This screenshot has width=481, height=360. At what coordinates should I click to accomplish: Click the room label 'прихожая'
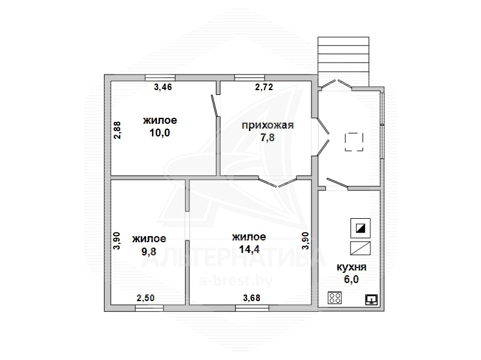(268, 126)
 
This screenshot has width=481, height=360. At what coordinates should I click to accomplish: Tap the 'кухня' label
(352, 267)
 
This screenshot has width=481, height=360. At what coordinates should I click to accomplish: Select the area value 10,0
(160, 133)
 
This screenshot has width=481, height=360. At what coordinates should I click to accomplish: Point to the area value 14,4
(249, 249)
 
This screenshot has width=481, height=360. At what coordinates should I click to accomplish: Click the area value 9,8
(149, 251)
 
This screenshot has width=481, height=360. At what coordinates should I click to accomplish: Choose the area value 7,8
(268, 138)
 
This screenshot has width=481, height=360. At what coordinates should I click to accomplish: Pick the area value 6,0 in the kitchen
(352, 279)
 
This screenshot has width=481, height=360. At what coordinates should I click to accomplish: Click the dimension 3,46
(163, 87)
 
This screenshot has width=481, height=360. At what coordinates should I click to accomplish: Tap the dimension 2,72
(264, 87)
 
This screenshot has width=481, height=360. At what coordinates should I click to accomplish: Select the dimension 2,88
(117, 130)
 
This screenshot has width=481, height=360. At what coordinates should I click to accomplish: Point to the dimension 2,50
(146, 297)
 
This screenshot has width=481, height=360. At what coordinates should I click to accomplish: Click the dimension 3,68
(251, 297)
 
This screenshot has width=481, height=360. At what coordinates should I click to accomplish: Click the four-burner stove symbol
(334, 297)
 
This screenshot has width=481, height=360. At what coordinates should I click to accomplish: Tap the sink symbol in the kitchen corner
(372, 299)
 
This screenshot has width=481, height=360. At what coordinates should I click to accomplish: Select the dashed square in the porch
(354, 142)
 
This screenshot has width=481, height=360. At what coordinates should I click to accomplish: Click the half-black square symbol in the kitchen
(360, 228)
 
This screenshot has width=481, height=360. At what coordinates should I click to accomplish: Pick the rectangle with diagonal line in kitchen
(360, 248)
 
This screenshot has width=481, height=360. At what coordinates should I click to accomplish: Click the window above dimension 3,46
(160, 78)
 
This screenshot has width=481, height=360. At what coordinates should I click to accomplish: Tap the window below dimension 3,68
(252, 308)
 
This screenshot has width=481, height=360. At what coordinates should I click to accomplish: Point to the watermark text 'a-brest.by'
(236, 281)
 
